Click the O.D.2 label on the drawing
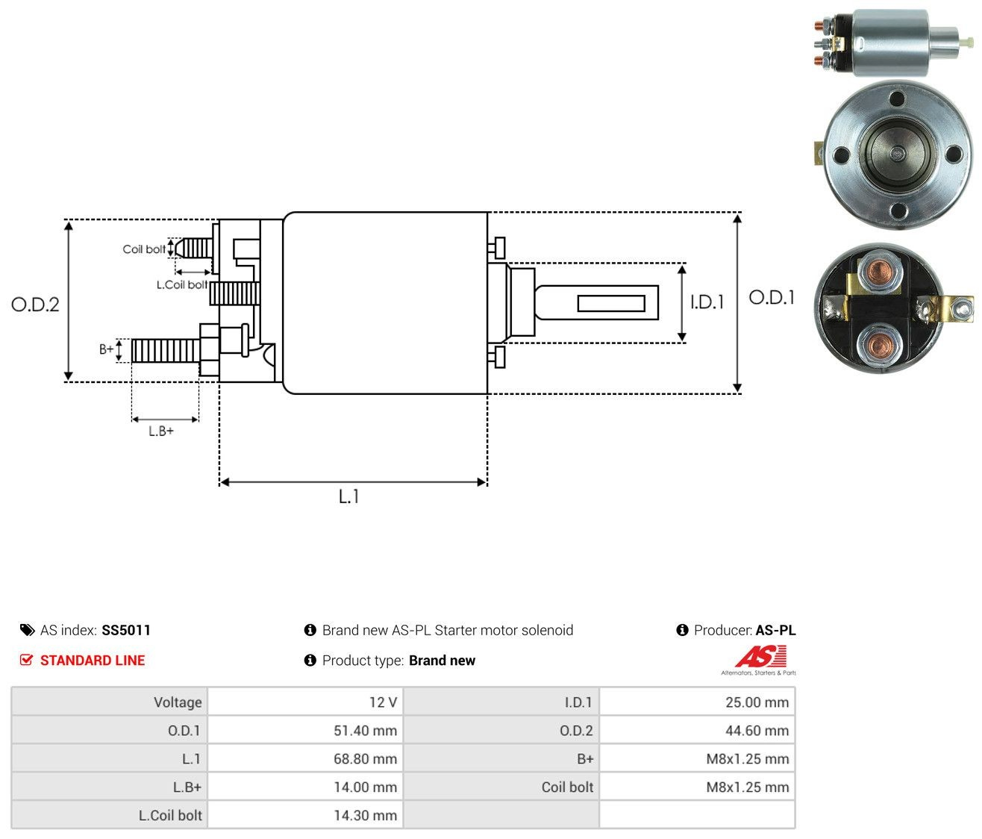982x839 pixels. click(35, 305)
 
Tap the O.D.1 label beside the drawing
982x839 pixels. click(771, 298)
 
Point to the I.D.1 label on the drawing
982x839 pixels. click(707, 302)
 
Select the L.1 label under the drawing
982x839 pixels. click(348, 496)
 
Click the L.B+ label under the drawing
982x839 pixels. click(161, 431)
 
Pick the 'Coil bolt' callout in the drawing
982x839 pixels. click(144, 249)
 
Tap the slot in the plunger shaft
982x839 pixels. click(611, 303)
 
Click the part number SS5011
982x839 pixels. click(126, 630)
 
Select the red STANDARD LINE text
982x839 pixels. click(93, 661)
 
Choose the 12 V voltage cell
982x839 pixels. click(305, 702)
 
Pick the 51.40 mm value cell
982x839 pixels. click(305, 730)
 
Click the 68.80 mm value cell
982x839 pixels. click(305, 758)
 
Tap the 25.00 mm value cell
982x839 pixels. click(697, 702)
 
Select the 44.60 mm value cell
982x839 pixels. click(697, 730)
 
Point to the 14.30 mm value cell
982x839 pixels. click(305, 815)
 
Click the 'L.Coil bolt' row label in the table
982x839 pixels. click(170, 815)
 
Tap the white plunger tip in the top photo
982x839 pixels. click(967, 41)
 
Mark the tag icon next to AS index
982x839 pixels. click(28, 630)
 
